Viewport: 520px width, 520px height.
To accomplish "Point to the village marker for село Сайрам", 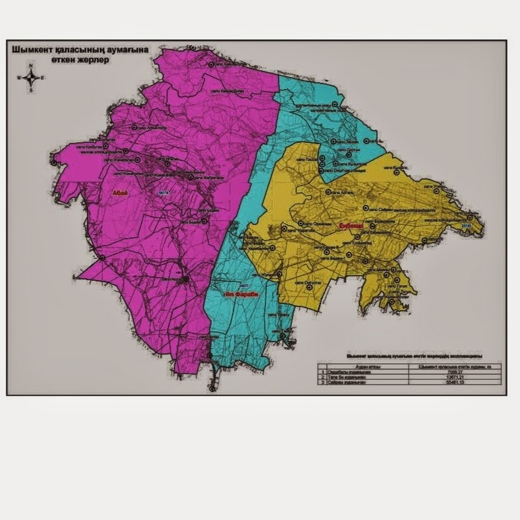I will [365, 208].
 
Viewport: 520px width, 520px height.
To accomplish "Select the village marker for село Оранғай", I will [301, 223].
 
